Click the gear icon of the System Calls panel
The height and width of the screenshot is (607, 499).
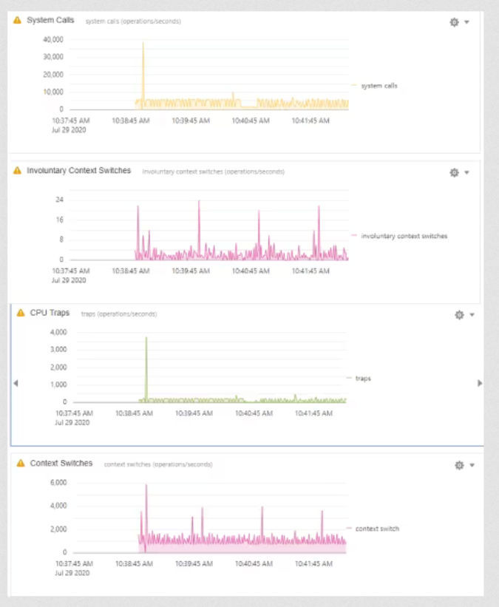point(455,22)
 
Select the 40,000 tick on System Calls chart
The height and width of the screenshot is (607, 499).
point(52,38)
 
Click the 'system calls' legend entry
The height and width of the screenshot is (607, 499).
point(379,86)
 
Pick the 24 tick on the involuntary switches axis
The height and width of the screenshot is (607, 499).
point(59,200)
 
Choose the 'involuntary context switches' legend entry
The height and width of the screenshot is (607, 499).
point(404,236)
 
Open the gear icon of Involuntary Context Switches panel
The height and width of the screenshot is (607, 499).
point(455,172)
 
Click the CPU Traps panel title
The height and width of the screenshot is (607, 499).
point(50,313)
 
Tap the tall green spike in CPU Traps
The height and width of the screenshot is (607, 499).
point(146,340)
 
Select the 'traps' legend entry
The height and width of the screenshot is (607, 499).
point(363,378)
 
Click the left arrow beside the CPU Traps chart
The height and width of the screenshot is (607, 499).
point(16,383)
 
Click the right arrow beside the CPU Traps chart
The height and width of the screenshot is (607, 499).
point(480,383)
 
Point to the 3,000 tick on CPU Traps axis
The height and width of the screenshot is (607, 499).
point(58,349)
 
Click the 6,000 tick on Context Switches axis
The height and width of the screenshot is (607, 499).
point(58,483)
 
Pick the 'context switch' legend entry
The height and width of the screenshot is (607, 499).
point(377,529)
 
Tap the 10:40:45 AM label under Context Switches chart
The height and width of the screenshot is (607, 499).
point(254,563)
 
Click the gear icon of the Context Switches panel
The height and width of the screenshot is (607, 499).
point(459,465)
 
